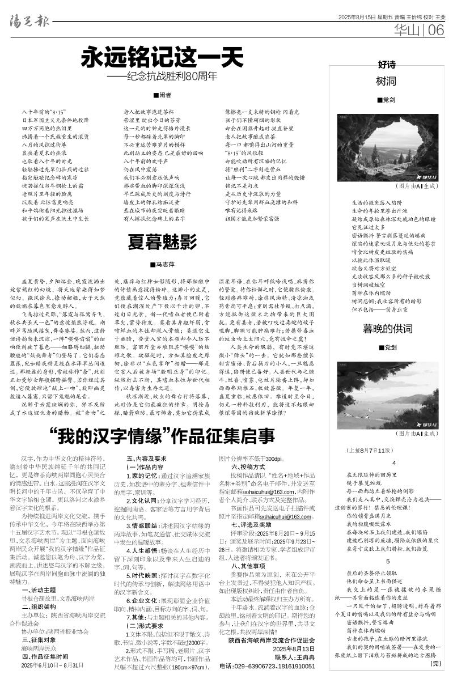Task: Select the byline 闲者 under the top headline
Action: point(162,95)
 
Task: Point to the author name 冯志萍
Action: point(162,264)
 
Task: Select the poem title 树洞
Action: point(386,82)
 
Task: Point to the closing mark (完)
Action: point(435,663)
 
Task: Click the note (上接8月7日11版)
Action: point(369,451)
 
